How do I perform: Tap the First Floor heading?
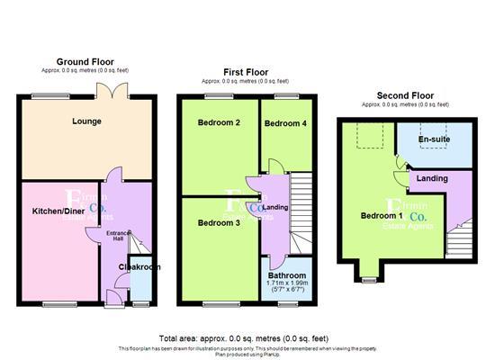(x=246, y=71)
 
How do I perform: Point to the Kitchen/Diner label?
(x=56, y=212)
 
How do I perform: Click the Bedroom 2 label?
(x=219, y=122)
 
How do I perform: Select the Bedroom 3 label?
(x=219, y=222)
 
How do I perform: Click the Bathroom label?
(x=287, y=275)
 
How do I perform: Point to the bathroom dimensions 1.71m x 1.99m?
(x=287, y=284)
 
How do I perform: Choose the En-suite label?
(x=435, y=140)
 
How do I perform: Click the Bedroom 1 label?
(x=382, y=216)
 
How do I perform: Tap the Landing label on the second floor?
(x=432, y=179)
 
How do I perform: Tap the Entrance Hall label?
(x=119, y=238)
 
